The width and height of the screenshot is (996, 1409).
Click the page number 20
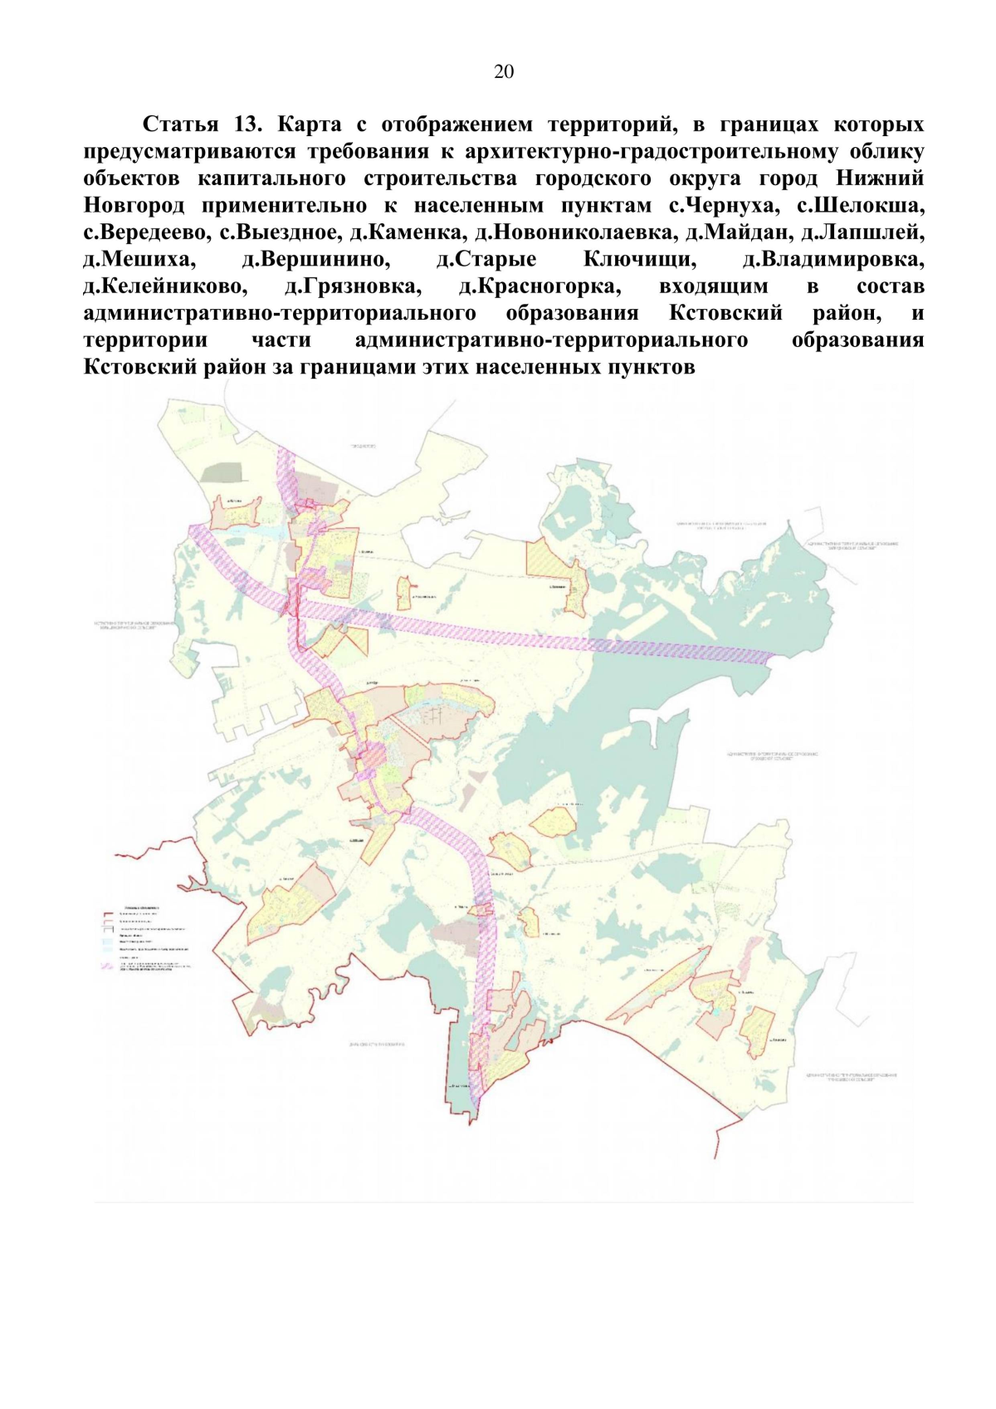[503, 72]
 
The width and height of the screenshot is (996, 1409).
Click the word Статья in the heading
[180, 125]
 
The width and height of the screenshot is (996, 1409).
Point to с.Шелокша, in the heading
[861, 206]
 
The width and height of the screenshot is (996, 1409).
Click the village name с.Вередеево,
[146, 233]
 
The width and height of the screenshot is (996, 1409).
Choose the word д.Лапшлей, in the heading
[862, 233]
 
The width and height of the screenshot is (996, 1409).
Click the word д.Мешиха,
[139, 260]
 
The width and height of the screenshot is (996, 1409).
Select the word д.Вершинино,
[315, 260]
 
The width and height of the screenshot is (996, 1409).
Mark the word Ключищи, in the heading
[639, 260]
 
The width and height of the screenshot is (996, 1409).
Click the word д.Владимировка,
[832, 260]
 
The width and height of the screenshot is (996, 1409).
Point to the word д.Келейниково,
[165, 287]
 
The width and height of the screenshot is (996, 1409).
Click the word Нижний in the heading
[879, 179]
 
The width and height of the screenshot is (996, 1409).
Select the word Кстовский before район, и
[725, 314]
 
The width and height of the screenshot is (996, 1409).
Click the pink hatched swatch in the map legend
[107, 966]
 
